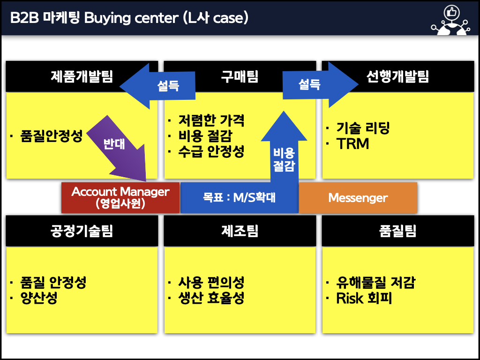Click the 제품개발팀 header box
coord(82,76)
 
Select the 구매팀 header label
coord(240,76)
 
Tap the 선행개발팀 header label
coord(397,76)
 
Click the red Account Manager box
coord(120,197)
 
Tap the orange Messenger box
coord(358,197)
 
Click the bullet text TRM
coord(352,144)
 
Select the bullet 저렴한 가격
coord(211,120)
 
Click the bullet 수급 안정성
coord(211,151)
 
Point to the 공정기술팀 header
coord(82,231)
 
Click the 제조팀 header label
coord(240,231)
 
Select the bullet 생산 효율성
coord(211,298)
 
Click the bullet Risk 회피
coord(364,298)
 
